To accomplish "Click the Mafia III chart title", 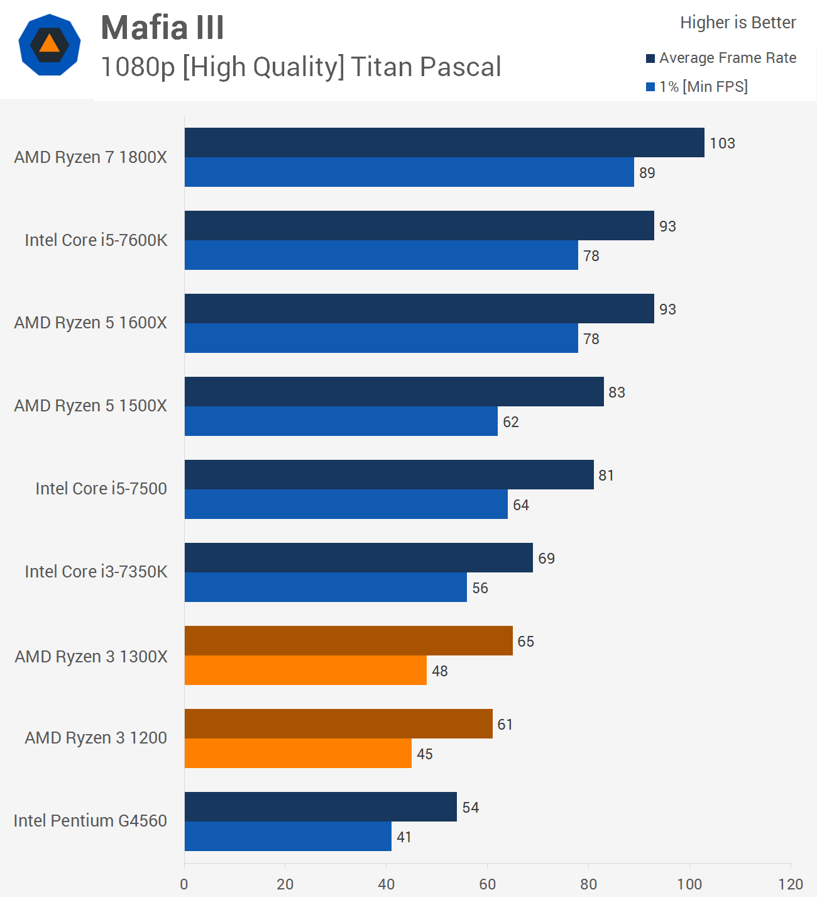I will tap(162, 28).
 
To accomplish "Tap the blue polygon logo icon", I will tap(50, 45).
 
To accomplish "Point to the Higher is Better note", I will tap(738, 23).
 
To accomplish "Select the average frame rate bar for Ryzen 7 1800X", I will tap(444, 143).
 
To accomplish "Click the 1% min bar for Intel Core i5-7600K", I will tap(381, 255).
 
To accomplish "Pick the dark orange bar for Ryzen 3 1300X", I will tap(348, 641).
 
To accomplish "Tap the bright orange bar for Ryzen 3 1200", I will tap(298, 754).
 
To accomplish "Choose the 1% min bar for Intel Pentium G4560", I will tap(288, 837).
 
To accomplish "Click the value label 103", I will tap(722, 143).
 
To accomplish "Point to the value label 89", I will tap(647, 173).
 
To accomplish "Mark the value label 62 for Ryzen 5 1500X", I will tap(511, 422).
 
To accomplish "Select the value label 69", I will tap(546, 559).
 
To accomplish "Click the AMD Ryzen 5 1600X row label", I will tap(90, 323).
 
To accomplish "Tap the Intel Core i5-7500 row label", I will tap(101, 489).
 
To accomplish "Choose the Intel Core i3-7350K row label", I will tap(96, 572).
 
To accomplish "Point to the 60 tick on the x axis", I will tap(487, 884).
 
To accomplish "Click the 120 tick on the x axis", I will tap(791, 884).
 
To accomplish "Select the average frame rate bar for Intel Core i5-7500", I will tap(389, 475).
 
